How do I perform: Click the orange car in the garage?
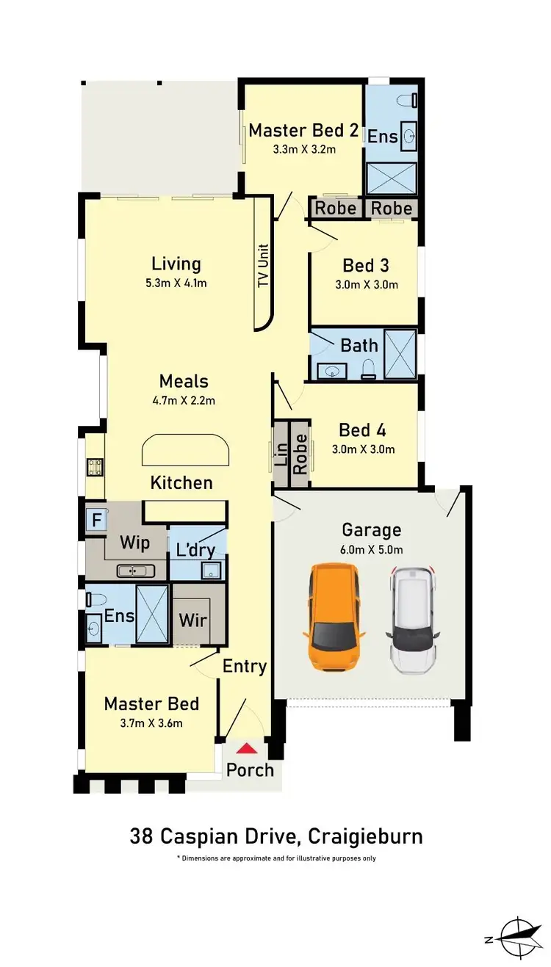(334, 616)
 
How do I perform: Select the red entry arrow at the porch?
(249, 749)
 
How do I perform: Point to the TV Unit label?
(263, 266)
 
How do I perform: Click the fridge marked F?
(96, 521)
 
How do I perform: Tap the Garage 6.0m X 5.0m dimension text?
(372, 549)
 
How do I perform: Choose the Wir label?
(193, 620)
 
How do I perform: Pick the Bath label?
(359, 345)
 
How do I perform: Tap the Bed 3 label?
(365, 265)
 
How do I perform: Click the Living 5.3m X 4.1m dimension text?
(176, 282)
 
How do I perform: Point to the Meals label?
(184, 382)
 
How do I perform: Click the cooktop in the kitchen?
(95, 467)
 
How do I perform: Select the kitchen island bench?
(184, 450)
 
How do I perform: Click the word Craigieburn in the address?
(365, 836)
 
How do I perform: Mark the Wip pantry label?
(134, 543)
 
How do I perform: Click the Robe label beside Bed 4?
(300, 454)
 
